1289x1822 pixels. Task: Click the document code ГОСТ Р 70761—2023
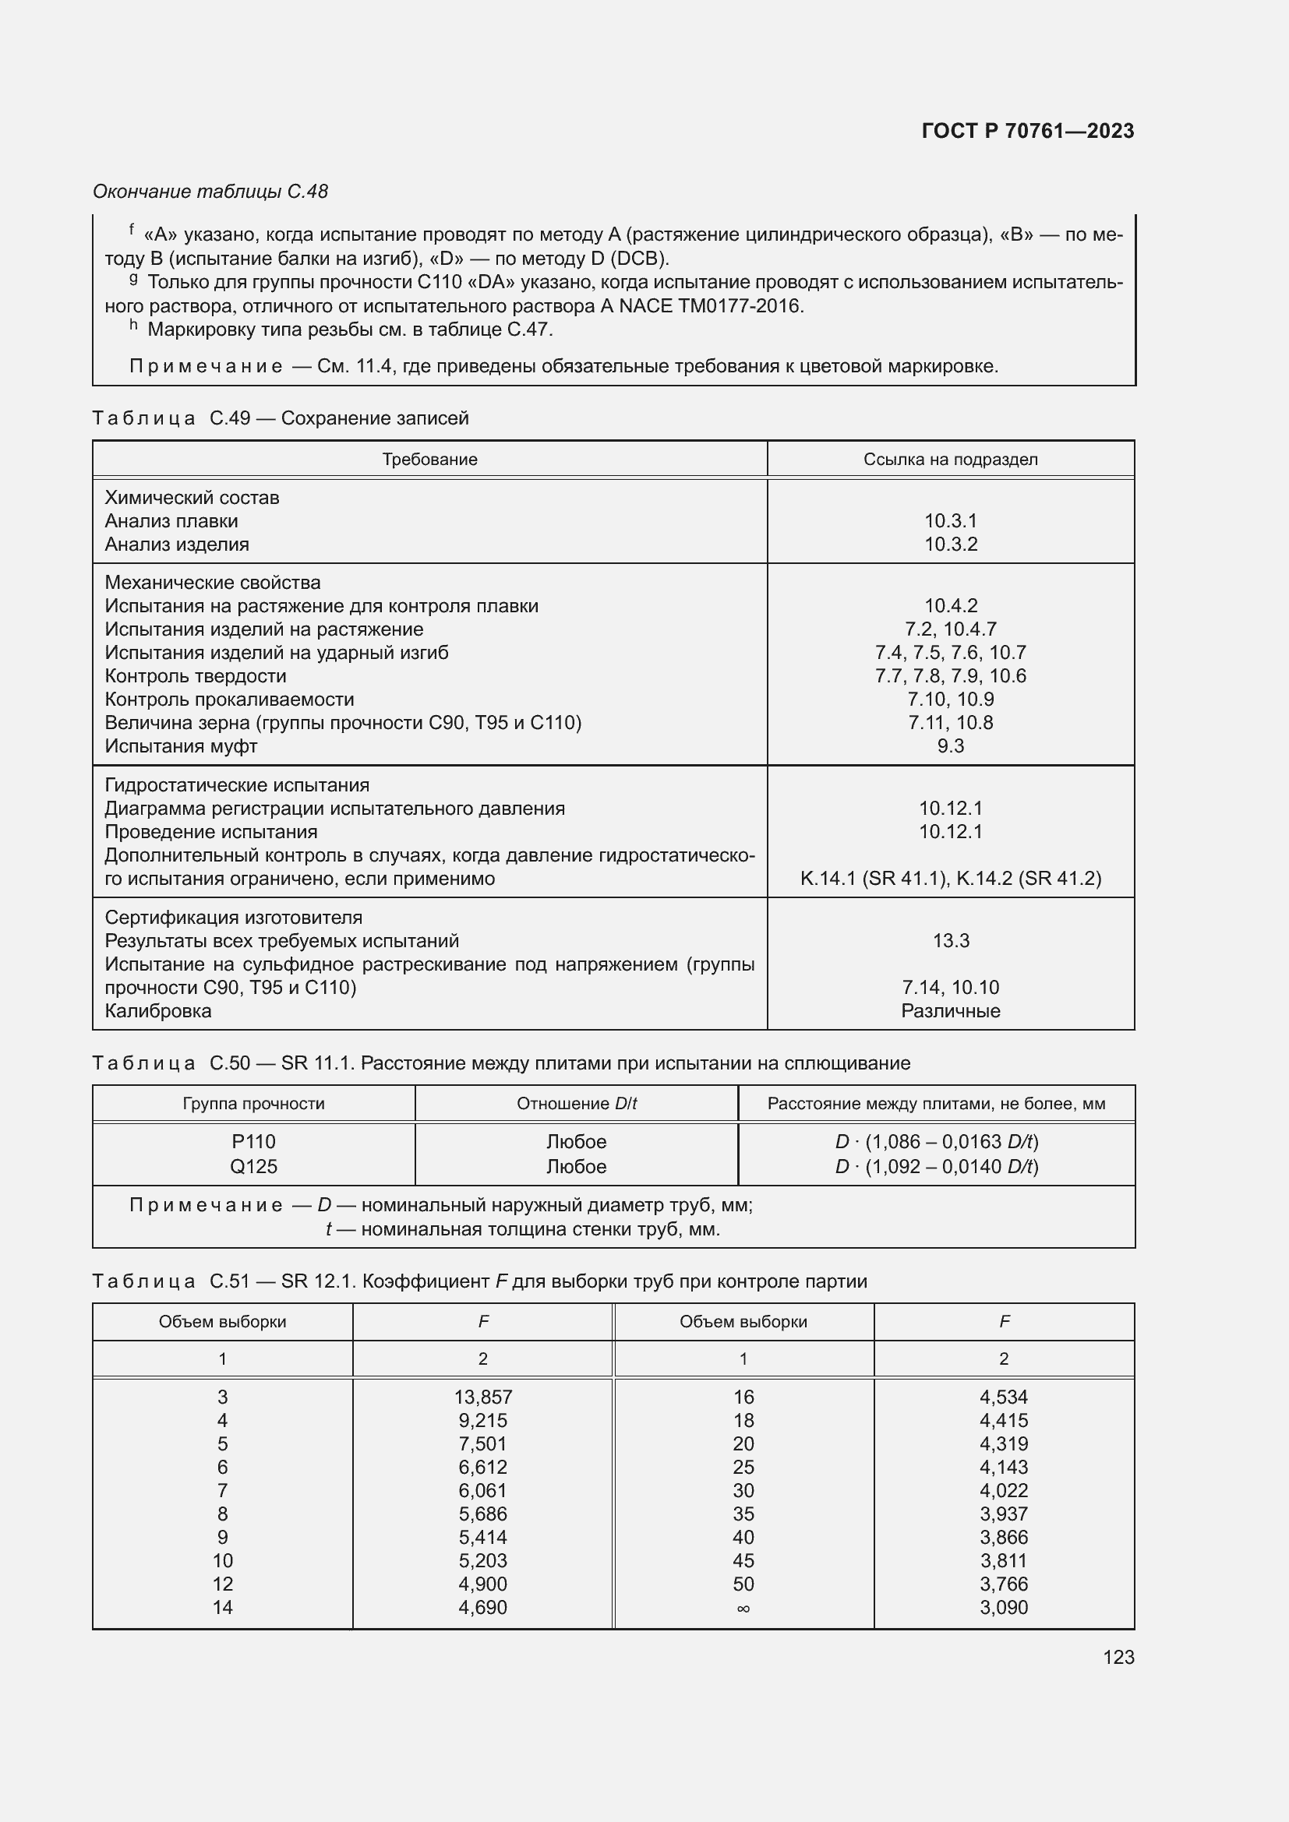pyautogui.click(x=1027, y=131)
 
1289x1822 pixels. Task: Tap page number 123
pyautogui.click(x=1118, y=1657)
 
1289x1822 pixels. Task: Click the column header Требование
pyautogui.click(x=429, y=460)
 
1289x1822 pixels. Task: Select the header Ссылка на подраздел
pyautogui.click(x=950, y=460)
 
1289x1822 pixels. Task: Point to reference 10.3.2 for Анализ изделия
pyautogui.click(x=950, y=544)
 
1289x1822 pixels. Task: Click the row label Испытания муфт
pyautogui.click(x=181, y=746)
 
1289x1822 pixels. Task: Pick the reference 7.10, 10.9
pyautogui.click(x=950, y=699)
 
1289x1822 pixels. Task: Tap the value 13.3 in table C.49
pyautogui.click(x=950, y=940)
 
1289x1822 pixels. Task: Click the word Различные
pyautogui.click(x=950, y=1011)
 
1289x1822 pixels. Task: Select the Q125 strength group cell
pyautogui.click(x=253, y=1167)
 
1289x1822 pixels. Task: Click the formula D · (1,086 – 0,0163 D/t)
pyautogui.click(x=936, y=1142)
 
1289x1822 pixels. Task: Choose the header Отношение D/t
pyautogui.click(x=576, y=1104)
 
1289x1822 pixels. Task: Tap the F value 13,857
pyautogui.click(x=482, y=1397)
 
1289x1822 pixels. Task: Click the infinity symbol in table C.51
pyautogui.click(x=743, y=1608)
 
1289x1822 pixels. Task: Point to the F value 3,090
pyautogui.click(x=1003, y=1608)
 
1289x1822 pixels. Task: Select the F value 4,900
pyautogui.click(x=482, y=1584)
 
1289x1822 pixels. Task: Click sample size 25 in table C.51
pyautogui.click(x=743, y=1468)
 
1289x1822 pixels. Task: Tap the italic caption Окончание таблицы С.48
pyautogui.click(x=210, y=192)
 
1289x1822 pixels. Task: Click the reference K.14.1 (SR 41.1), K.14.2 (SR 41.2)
pyautogui.click(x=950, y=879)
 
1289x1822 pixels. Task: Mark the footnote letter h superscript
pyautogui.click(x=133, y=325)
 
